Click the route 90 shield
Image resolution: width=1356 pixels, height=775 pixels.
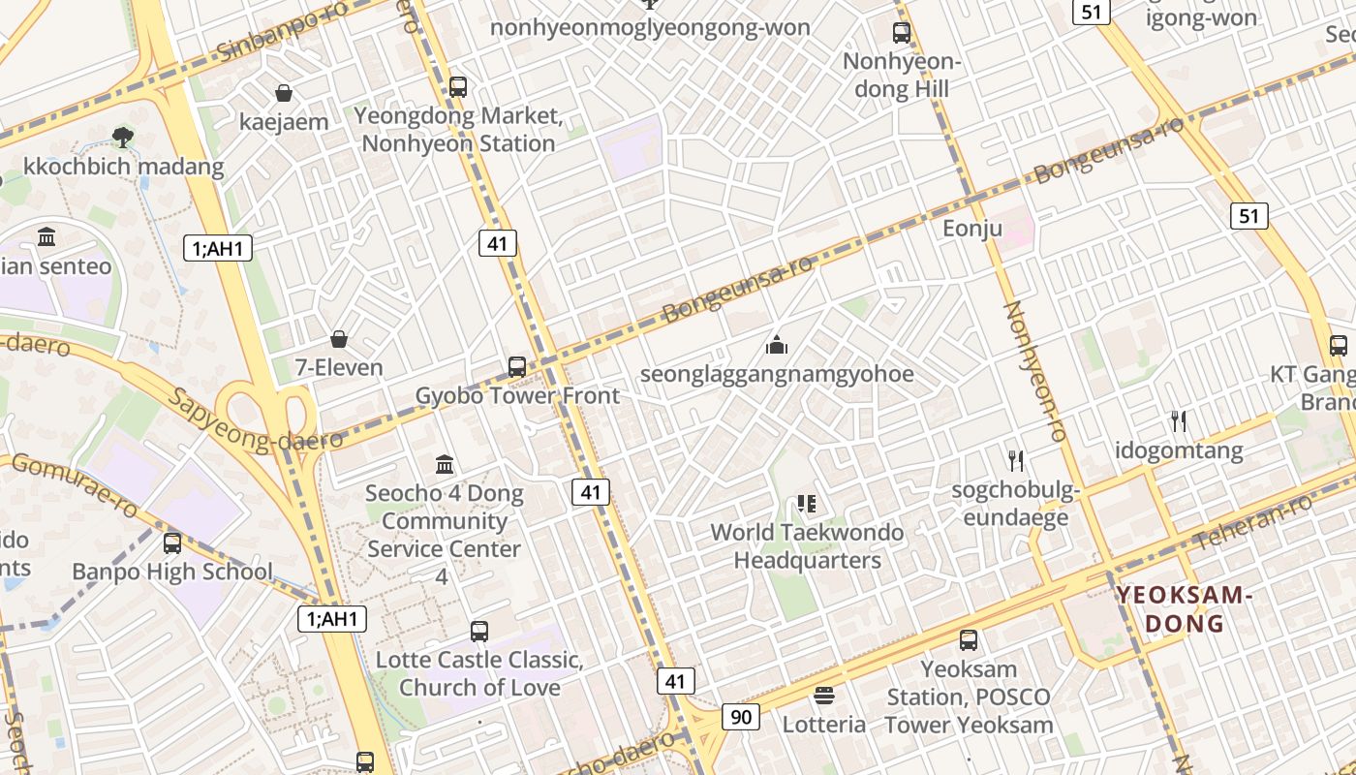tap(741, 717)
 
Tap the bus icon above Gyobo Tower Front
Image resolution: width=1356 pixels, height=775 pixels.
tap(517, 367)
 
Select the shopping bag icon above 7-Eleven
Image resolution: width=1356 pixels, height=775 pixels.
tap(339, 339)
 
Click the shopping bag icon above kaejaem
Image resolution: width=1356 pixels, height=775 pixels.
tap(284, 93)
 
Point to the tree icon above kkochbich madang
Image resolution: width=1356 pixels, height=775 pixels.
tap(122, 137)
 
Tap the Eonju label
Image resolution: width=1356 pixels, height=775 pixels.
tap(971, 229)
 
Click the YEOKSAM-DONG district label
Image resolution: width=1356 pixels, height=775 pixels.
tap(1184, 609)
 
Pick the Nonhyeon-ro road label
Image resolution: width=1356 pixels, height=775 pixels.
tap(1034, 371)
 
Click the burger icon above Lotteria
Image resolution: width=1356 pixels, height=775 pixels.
tap(824, 695)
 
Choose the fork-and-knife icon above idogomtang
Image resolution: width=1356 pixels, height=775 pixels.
tap(1179, 421)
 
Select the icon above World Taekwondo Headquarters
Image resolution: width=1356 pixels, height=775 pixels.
tap(807, 503)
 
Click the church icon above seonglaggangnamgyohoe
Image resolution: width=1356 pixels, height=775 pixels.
tap(777, 345)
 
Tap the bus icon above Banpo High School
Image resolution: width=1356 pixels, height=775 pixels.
tap(172, 543)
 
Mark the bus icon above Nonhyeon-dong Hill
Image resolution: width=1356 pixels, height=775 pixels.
tap(902, 33)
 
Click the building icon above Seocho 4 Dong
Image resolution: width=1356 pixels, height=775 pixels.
tap(445, 464)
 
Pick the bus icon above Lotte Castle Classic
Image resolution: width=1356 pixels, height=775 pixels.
tap(479, 632)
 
